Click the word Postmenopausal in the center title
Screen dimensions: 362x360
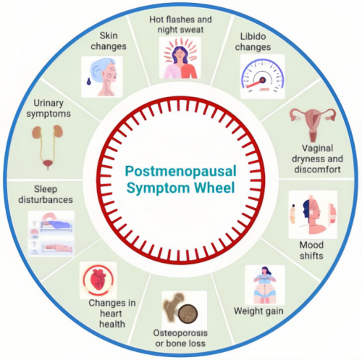point(181,172)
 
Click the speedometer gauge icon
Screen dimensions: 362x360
point(263,76)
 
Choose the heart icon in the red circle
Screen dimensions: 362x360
point(98,280)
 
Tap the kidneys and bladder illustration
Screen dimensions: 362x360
point(48,147)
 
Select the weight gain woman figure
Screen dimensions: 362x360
point(265,285)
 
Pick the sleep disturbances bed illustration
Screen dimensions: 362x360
point(51,233)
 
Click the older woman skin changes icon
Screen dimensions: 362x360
point(102,77)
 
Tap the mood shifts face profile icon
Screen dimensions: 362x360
point(313,214)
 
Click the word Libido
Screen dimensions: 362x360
point(253,36)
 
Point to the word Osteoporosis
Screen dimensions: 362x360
point(180,333)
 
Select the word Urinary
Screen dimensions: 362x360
point(49,104)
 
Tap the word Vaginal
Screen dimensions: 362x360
point(317,148)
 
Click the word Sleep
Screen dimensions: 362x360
point(46,189)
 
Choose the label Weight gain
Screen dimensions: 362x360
point(258,311)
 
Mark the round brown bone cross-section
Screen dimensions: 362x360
point(188,314)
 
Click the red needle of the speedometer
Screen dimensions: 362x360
point(255,83)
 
